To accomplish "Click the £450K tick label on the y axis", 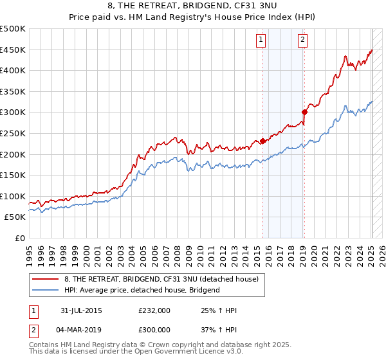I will (13, 50).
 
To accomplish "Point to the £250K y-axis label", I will (13, 133).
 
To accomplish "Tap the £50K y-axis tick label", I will (15, 217).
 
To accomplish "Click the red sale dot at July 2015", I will (262, 141).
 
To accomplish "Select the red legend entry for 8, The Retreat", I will (161, 279).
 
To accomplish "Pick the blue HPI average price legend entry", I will (142, 290).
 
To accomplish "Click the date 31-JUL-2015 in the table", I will (81, 310).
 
